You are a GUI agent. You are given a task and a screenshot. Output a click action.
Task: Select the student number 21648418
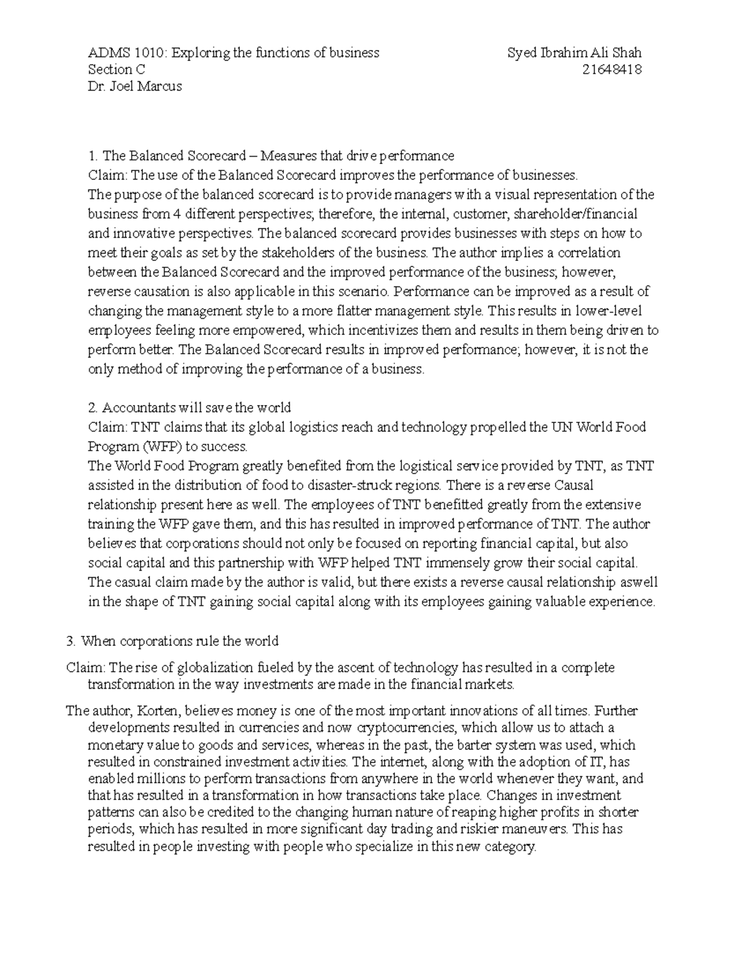(612, 70)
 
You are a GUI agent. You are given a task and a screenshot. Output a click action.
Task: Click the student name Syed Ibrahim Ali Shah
(574, 53)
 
